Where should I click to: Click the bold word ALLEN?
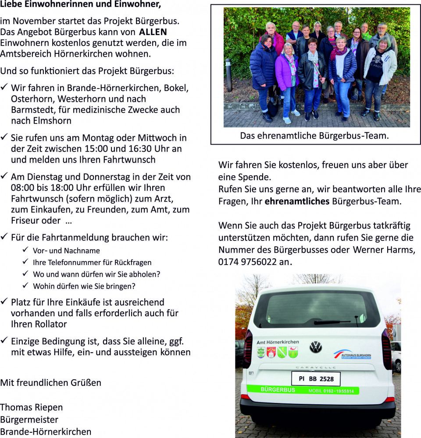[x=153, y=32]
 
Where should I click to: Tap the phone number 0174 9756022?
[x=248, y=262]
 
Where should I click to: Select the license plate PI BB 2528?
[x=316, y=379]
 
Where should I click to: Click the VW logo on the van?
[x=315, y=347]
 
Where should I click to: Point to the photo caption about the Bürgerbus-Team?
[x=314, y=136]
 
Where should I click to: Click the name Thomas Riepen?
[x=32, y=407]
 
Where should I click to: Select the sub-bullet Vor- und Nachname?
[x=66, y=251]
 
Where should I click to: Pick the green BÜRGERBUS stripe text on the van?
[x=278, y=390]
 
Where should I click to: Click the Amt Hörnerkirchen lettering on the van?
[x=278, y=342]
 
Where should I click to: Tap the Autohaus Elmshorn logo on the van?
[x=353, y=354]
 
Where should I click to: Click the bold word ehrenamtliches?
[x=297, y=201]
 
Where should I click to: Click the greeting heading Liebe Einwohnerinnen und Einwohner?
[x=81, y=5]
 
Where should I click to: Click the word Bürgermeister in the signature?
[x=29, y=419]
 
